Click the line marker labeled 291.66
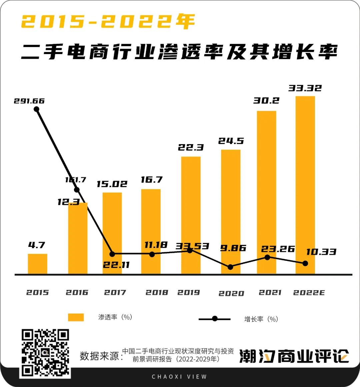[x=36, y=109]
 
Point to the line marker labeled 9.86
[x=230, y=267]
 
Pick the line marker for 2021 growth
[x=267, y=257]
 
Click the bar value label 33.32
[x=305, y=88]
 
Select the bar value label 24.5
[x=231, y=141]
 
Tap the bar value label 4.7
[x=37, y=245]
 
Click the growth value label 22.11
[x=116, y=265]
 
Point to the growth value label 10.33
[x=321, y=252]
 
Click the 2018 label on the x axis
[x=157, y=293]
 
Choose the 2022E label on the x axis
[x=309, y=293]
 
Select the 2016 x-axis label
[x=77, y=293]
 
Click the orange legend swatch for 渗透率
[x=76, y=317]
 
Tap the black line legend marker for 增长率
[x=215, y=319]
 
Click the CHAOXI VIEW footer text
[x=179, y=377]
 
